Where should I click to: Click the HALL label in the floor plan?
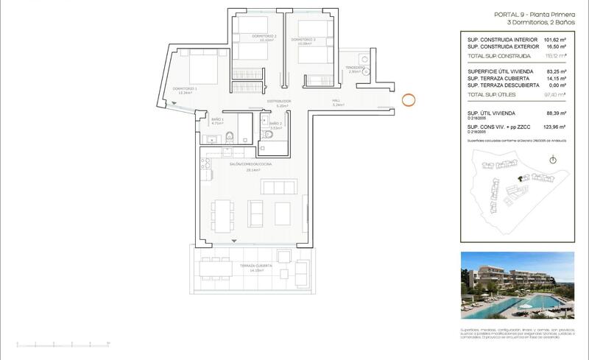pyautogui.click(x=336, y=101)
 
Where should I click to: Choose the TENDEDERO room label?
pyautogui.click(x=355, y=68)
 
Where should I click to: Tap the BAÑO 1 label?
pyautogui.click(x=217, y=119)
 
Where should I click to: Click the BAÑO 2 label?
pyautogui.click(x=275, y=124)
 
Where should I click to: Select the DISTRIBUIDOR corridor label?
pyautogui.click(x=279, y=101)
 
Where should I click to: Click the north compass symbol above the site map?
pyautogui.click(x=551, y=160)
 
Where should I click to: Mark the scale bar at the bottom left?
pyautogui.click(x=63, y=343)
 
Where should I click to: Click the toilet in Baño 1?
pyautogui.click(x=229, y=135)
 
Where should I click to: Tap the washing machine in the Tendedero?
pyautogui.click(x=361, y=60)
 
